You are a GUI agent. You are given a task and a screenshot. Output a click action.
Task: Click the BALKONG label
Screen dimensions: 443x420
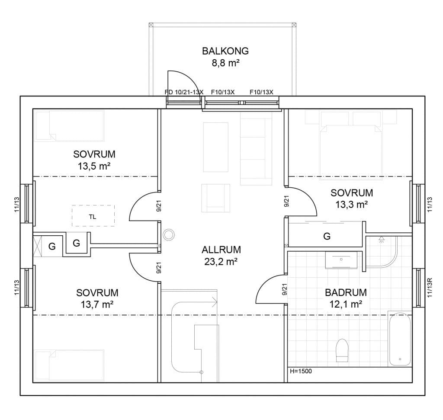coord(225,51)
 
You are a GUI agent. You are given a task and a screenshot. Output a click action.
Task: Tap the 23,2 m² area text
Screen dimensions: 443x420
coord(221,262)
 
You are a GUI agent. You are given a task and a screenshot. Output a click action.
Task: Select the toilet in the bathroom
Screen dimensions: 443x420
coord(342,350)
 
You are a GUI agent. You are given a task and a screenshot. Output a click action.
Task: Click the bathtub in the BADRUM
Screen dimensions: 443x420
coord(400,339)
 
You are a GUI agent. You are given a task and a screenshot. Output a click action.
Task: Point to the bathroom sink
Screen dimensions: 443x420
coord(341,260)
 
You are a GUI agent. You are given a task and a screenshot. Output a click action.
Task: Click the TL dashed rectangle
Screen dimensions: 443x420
coord(93,216)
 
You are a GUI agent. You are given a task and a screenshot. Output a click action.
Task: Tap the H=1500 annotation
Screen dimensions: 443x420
coord(301,371)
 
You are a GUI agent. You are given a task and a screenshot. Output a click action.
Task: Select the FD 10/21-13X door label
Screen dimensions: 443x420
coord(184,92)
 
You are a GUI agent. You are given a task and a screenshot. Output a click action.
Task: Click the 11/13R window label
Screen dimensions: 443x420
coord(430,288)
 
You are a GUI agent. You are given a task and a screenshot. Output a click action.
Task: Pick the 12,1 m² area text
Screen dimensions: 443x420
coord(346,304)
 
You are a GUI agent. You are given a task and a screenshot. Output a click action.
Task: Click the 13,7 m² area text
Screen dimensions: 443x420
coord(97,305)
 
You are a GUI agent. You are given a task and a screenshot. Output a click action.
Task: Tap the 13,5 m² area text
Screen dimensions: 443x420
coord(94,166)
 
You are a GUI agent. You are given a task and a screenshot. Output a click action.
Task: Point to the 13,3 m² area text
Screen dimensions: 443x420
coord(351,205)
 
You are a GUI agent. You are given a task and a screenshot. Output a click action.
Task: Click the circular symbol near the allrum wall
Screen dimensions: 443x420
coord(169,235)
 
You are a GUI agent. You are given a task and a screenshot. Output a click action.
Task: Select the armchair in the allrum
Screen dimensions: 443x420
coord(215,198)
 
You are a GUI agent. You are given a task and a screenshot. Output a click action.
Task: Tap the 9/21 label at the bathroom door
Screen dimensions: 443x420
coord(285,289)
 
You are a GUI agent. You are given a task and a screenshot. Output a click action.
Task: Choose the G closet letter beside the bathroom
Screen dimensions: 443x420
coord(327,236)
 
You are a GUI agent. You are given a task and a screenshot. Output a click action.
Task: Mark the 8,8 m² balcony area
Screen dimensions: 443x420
coord(226,63)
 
